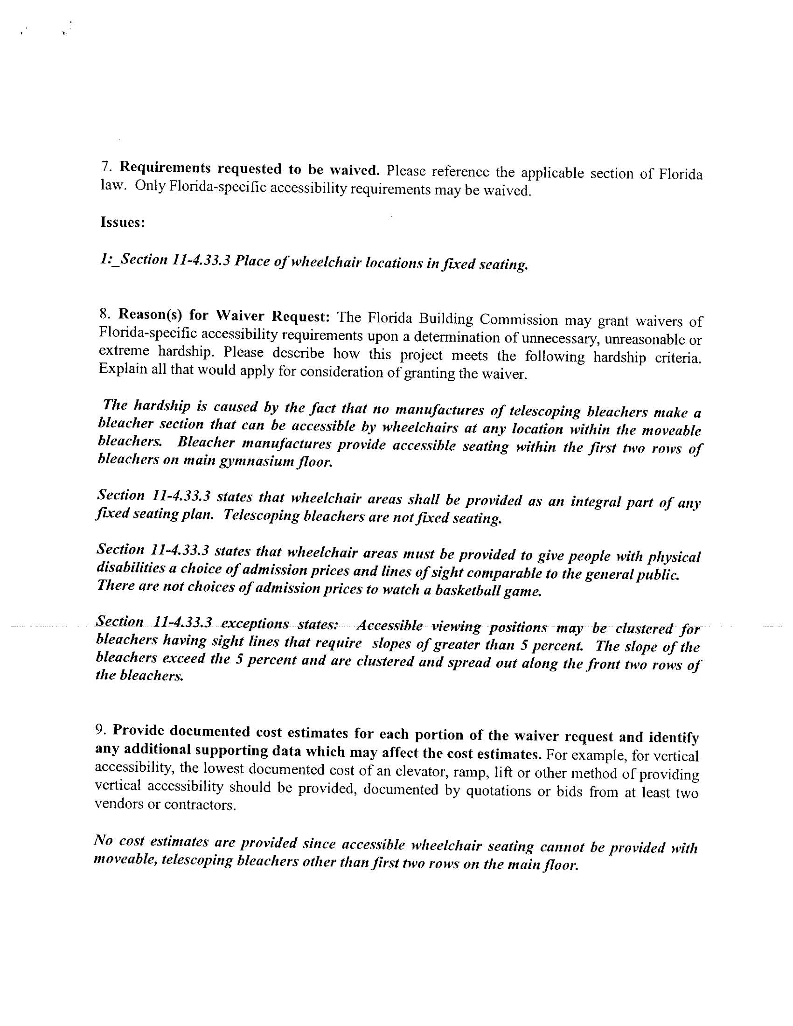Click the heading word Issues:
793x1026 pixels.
122,222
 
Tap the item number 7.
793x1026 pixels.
106,167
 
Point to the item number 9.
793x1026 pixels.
101,730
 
